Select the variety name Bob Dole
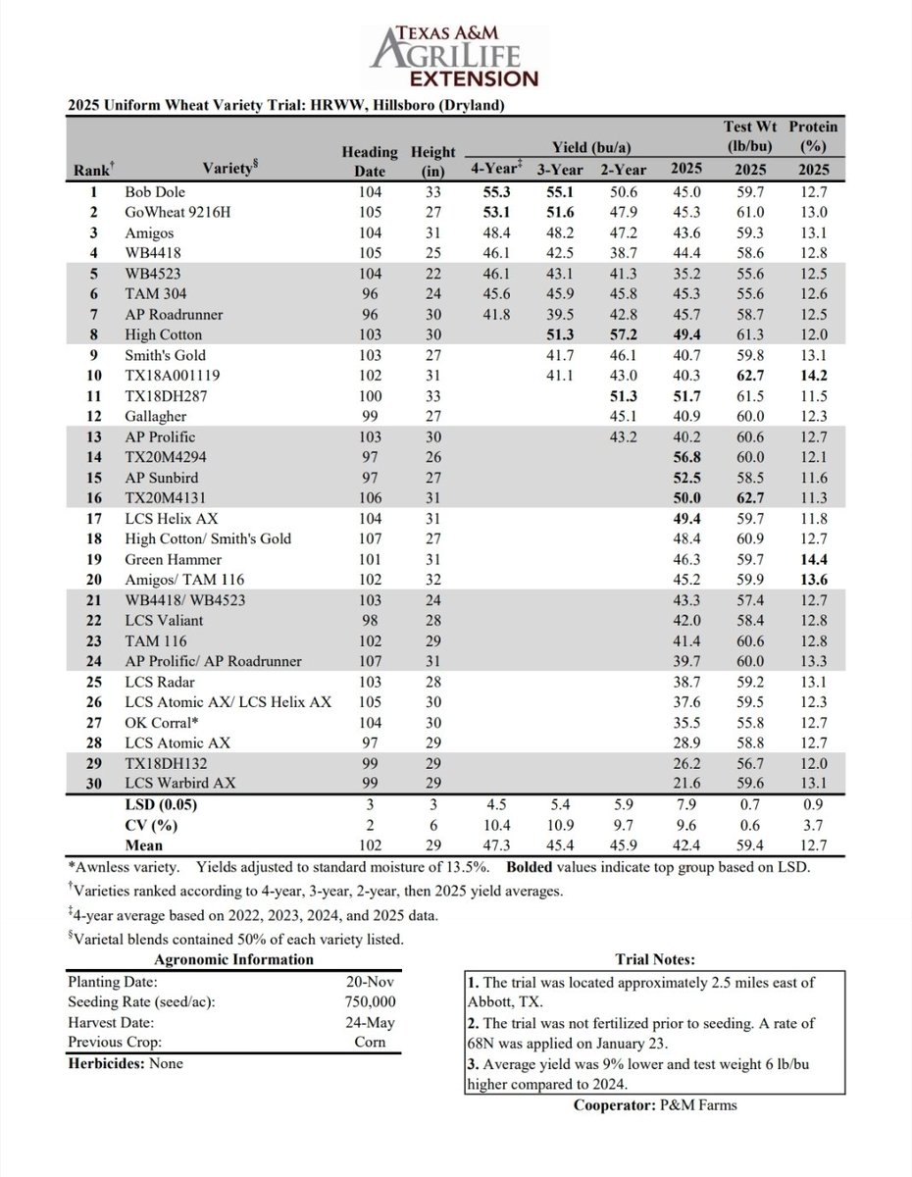(155, 192)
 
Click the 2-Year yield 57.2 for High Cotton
(622, 334)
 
